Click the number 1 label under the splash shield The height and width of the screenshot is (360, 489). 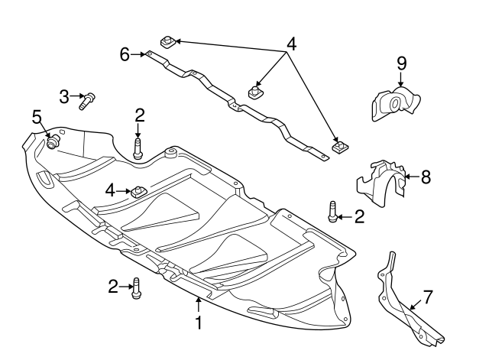[x=199, y=323]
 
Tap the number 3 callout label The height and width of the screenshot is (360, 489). [x=64, y=96]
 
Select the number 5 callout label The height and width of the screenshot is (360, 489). [x=36, y=116]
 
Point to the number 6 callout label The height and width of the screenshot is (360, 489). [x=125, y=54]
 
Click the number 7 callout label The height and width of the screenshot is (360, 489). [x=428, y=296]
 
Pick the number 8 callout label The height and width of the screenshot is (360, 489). [x=426, y=177]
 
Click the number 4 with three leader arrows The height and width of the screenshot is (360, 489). [x=290, y=44]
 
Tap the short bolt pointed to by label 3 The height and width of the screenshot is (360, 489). [x=86, y=99]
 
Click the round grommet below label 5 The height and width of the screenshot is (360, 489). [x=53, y=142]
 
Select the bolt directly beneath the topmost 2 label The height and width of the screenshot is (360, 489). [x=138, y=147]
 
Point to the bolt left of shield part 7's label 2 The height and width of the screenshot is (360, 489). [x=333, y=212]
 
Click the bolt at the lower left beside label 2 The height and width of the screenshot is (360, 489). [x=136, y=287]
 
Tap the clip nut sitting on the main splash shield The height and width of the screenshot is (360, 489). [x=138, y=191]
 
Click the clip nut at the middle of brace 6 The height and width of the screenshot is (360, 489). [x=254, y=93]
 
